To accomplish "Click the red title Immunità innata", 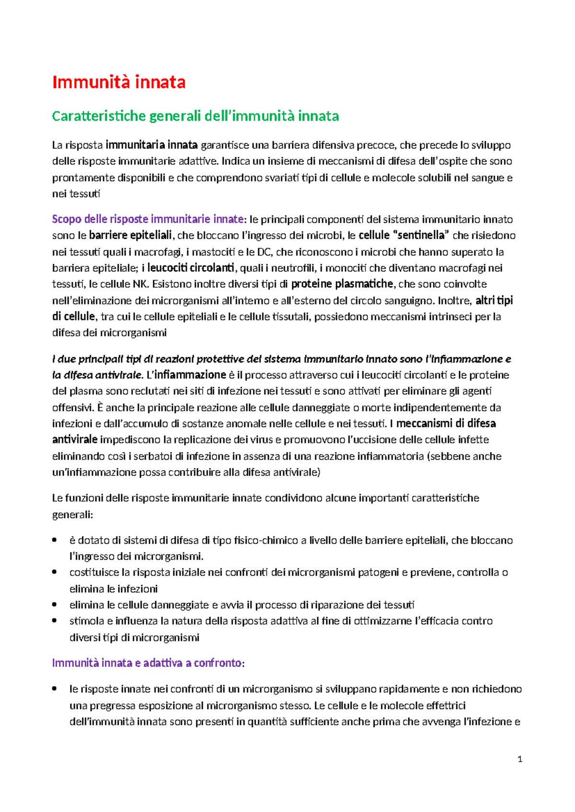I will pyautogui.click(x=118, y=82).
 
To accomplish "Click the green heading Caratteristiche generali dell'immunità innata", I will pyautogui.click(x=195, y=116).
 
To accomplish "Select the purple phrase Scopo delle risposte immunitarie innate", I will pyautogui.click(x=148, y=219).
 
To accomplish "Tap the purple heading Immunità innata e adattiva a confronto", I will pyautogui.click(x=147, y=663).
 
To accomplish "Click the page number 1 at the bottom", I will pyautogui.click(x=520, y=759).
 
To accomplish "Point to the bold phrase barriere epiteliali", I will pyautogui.click(x=130, y=236).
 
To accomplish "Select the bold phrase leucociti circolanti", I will pyautogui.click(x=191, y=268).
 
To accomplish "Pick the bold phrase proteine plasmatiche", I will pyautogui.click(x=342, y=284).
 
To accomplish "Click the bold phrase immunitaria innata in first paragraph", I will pyautogui.click(x=151, y=145).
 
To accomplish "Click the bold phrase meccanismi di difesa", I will pyautogui.click(x=446, y=423).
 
